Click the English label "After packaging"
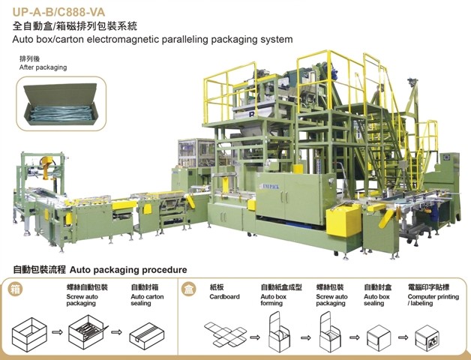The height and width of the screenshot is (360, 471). pyautogui.click(x=43, y=67)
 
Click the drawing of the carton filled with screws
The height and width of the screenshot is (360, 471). pyautogui.click(x=85, y=329)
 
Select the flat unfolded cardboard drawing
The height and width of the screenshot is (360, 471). pyautogui.click(x=225, y=331)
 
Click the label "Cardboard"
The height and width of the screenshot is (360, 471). pyautogui.click(x=226, y=296)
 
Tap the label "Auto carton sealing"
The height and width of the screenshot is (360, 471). pyautogui.click(x=147, y=300)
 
